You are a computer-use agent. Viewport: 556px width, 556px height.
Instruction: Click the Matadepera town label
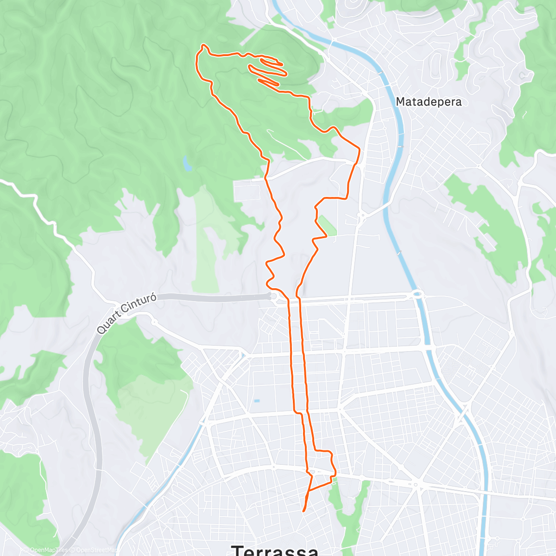coord(429,102)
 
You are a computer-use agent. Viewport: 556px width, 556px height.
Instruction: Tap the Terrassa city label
coord(275,550)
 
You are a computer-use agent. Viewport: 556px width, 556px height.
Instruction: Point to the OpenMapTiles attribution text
coord(44,550)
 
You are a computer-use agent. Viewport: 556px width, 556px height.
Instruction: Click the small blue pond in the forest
coord(187,163)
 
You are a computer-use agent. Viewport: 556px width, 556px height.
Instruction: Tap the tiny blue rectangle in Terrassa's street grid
coord(257,401)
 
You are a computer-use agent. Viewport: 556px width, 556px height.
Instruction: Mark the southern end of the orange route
coord(303,511)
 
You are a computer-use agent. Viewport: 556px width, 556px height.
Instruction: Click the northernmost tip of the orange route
coord(203,45)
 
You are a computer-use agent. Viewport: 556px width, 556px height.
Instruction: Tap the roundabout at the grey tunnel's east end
coord(273,296)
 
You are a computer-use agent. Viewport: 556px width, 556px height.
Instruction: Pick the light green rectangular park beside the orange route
coord(328,225)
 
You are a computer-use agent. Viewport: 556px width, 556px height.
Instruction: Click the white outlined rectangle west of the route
coord(250,190)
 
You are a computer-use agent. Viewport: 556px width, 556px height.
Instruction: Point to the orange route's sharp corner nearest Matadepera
coord(359,148)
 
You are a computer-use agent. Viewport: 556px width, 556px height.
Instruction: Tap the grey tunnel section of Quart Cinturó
coord(213,297)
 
